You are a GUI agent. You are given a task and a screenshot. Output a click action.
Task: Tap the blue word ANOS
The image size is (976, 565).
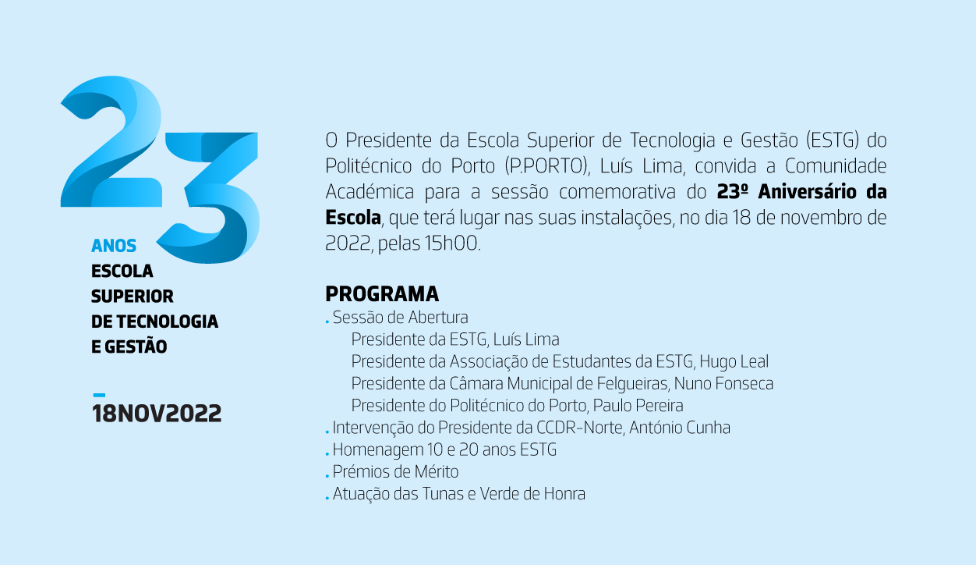click(x=114, y=246)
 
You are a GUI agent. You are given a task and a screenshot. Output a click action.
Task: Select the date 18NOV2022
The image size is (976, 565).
click(x=157, y=413)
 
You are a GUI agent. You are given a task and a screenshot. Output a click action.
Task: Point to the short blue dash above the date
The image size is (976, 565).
click(x=99, y=395)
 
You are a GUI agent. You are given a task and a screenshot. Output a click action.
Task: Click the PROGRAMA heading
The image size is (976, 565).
click(x=382, y=293)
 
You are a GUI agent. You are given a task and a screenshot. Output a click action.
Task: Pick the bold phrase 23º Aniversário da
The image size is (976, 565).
click(x=801, y=191)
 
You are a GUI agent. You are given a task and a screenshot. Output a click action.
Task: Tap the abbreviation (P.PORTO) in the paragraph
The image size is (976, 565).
click(x=547, y=165)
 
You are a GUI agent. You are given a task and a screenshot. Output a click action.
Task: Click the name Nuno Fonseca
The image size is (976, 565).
click(x=723, y=383)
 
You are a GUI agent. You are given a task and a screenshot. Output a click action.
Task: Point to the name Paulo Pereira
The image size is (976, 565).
click(x=638, y=405)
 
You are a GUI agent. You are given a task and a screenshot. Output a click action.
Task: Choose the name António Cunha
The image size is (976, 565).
click(x=680, y=428)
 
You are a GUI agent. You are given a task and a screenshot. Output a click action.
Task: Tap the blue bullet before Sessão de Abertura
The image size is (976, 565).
click(x=327, y=322)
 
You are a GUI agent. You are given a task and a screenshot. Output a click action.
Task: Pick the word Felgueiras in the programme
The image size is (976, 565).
click(x=633, y=383)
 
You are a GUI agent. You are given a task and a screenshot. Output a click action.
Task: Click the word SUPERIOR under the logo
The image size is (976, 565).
click(x=133, y=297)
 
